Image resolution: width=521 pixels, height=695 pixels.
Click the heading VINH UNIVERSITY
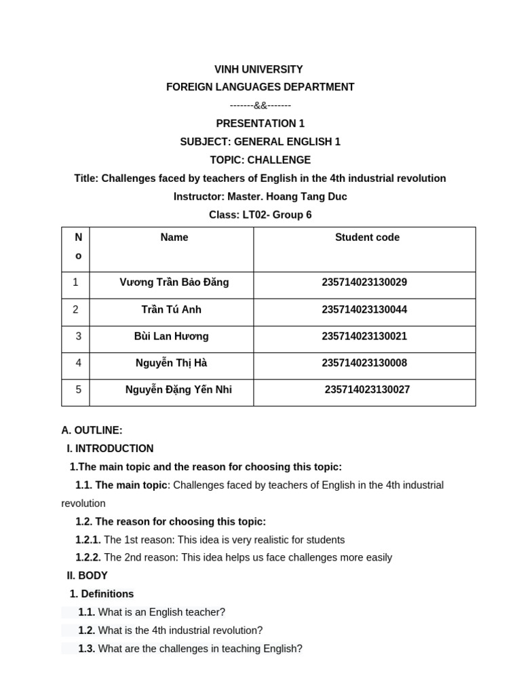tap(258, 69)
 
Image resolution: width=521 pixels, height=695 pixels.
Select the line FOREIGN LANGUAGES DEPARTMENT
tap(260, 87)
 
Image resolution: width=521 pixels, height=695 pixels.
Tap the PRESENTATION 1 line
tap(260, 124)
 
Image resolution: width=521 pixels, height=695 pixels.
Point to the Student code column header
tap(367, 238)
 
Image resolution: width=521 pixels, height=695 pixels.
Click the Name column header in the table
tap(174, 238)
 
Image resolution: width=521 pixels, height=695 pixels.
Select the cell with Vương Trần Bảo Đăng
tap(174, 282)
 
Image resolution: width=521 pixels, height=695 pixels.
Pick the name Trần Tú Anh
tap(172, 309)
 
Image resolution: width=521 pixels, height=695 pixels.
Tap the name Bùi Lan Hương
tap(172, 337)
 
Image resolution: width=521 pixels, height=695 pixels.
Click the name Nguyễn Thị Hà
tap(172, 363)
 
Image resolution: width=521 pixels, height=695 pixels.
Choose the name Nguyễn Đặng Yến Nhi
tap(178, 390)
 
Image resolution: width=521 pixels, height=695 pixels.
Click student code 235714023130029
tap(364, 282)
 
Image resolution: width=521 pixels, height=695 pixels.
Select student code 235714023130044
tap(364, 309)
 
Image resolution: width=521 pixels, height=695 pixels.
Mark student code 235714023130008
tap(364, 363)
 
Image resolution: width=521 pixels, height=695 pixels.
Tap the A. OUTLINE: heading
tap(92, 430)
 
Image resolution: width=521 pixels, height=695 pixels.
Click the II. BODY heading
tap(87, 576)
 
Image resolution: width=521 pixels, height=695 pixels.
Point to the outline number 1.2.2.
tap(88, 558)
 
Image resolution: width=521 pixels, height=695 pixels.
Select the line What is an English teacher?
tap(161, 612)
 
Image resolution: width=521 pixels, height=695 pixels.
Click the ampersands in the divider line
tap(260, 105)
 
